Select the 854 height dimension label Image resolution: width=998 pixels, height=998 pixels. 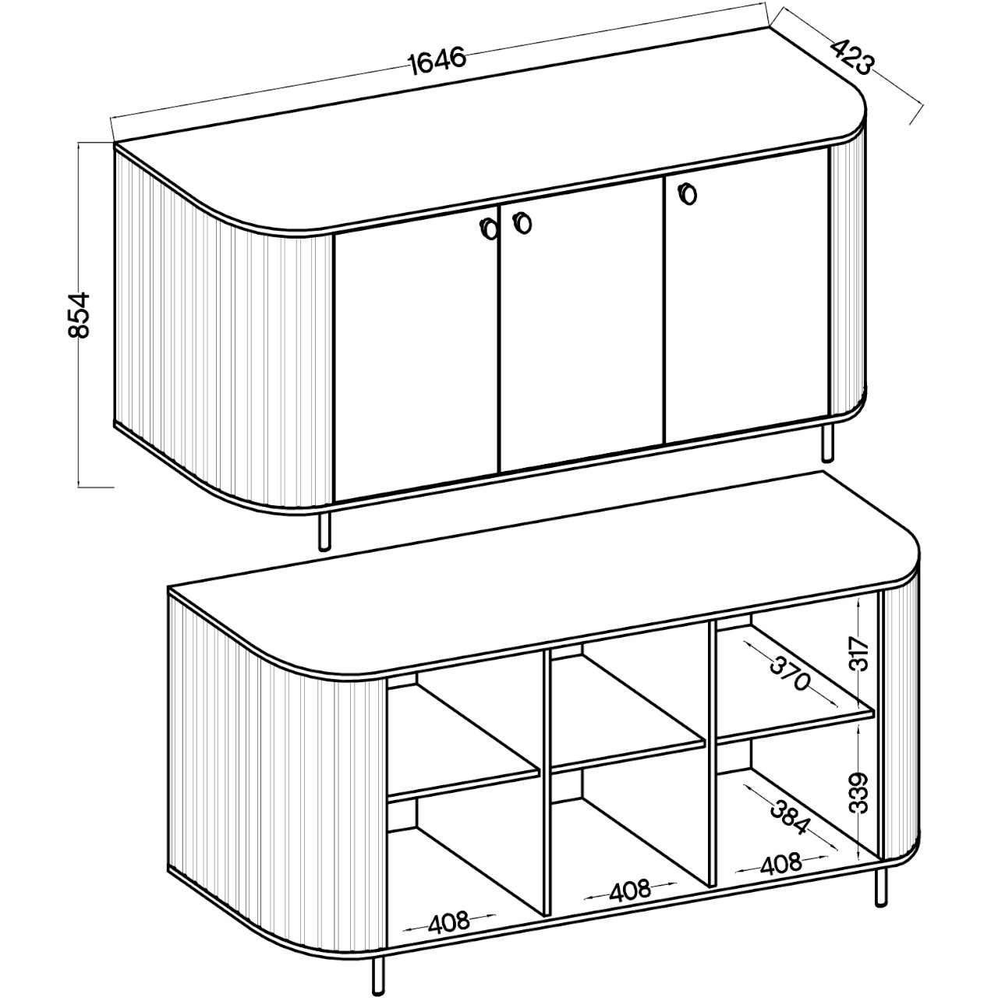(x=80, y=315)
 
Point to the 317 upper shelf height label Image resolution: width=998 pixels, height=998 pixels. (x=858, y=655)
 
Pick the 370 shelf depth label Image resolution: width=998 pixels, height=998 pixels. (x=789, y=674)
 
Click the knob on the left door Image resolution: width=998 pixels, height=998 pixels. (x=488, y=228)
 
